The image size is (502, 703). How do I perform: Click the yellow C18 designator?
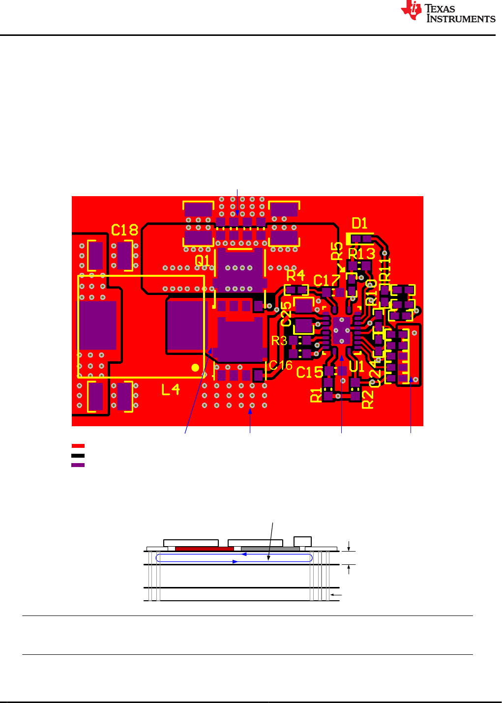pyautogui.click(x=124, y=230)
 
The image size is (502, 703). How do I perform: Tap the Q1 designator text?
pyautogui.click(x=202, y=260)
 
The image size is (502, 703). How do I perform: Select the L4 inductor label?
pyautogui.click(x=171, y=390)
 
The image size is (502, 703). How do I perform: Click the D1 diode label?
pyautogui.click(x=359, y=224)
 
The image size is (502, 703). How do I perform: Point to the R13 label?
pyautogui.click(x=362, y=254)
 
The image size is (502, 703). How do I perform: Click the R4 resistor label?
pyautogui.click(x=295, y=275)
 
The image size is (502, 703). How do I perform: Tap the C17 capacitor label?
pyautogui.click(x=327, y=281)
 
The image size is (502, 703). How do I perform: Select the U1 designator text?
pyautogui.click(x=356, y=367)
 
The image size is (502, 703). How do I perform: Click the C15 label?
pyautogui.click(x=310, y=372)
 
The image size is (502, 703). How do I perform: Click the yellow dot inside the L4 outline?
pyautogui.click(x=195, y=368)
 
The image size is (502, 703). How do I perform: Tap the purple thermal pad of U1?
pyautogui.click(x=341, y=330)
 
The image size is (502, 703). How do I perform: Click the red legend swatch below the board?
pyautogui.click(x=78, y=446)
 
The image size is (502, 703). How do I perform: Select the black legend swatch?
pyautogui.click(x=78, y=456)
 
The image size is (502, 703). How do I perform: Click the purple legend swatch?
pyautogui.click(x=78, y=465)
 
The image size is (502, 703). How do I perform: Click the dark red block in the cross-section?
pyautogui.click(x=204, y=549)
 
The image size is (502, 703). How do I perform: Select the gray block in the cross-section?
pyautogui.click(x=270, y=549)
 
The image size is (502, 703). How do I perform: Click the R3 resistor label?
pyautogui.click(x=279, y=341)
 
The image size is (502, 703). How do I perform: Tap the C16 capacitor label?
pyautogui.click(x=281, y=365)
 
